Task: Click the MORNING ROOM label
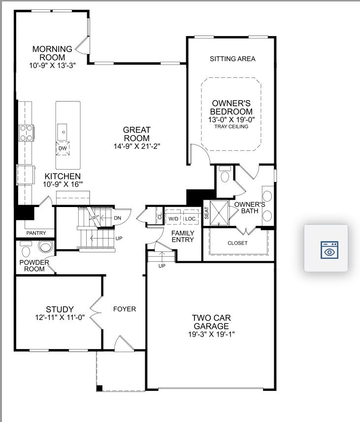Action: (52, 53)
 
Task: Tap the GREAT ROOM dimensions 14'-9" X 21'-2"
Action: (136, 146)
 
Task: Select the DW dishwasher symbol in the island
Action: (63, 148)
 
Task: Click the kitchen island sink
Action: (63, 131)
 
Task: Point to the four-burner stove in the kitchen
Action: (26, 132)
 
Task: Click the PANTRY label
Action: (36, 233)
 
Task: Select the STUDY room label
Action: (60, 310)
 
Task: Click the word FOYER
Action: (125, 309)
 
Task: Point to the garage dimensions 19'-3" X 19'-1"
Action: (211, 334)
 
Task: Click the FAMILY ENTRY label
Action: (183, 236)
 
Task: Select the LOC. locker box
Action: (191, 218)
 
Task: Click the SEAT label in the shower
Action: (207, 212)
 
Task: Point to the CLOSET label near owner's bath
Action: (237, 243)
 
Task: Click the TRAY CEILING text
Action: (231, 127)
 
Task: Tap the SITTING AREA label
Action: (232, 59)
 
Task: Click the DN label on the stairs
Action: (117, 218)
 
